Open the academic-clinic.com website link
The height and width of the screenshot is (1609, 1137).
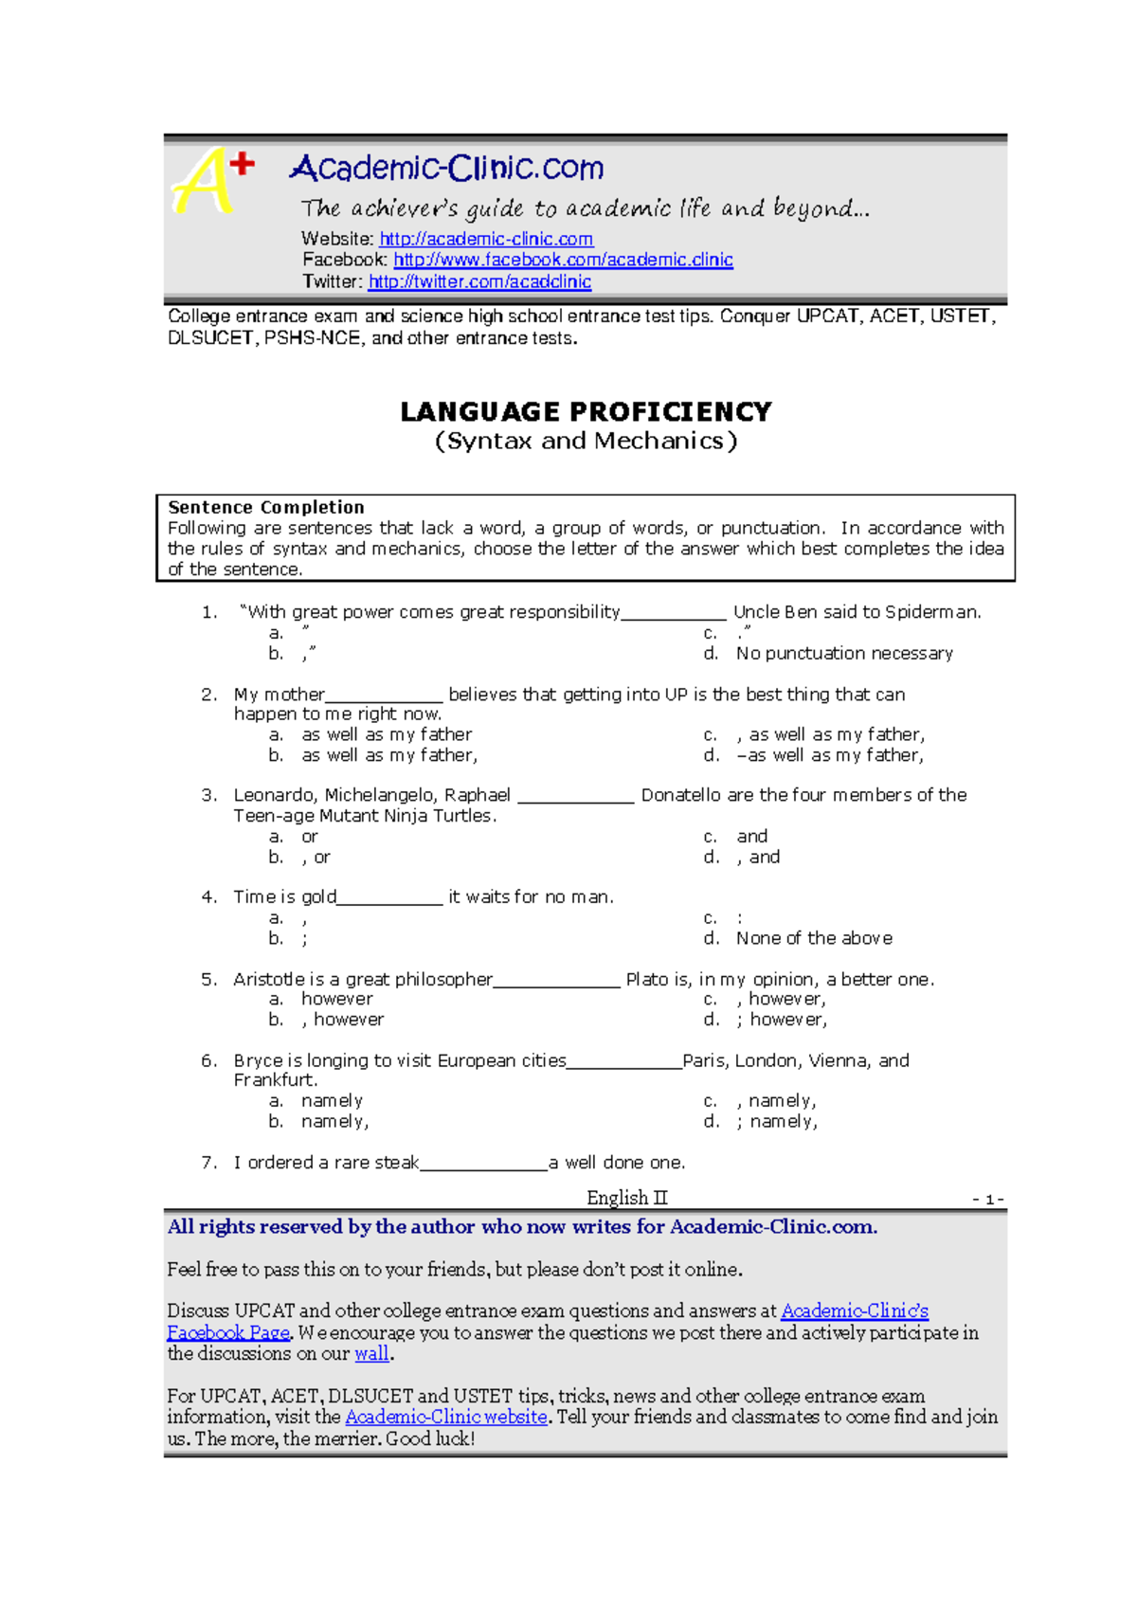(x=486, y=239)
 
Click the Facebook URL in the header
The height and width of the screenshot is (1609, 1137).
(x=563, y=260)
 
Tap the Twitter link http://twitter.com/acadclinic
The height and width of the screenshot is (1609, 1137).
(x=479, y=281)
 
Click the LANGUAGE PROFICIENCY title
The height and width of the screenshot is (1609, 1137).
(x=586, y=411)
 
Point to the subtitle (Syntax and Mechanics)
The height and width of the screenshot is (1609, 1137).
(x=586, y=441)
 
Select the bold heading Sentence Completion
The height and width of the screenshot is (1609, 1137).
(x=266, y=507)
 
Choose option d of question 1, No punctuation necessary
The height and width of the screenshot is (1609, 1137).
(x=844, y=653)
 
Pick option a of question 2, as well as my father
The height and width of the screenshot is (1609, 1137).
(x=387, y=734)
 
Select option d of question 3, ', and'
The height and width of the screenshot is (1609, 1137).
(x=758, y=857)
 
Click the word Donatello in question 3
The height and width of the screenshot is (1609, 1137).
(x=680, y=795)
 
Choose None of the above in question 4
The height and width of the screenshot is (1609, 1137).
(x=814, y=938)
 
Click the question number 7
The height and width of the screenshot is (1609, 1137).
(x=209, y=1162)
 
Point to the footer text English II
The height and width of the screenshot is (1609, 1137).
(x=626, y=1198)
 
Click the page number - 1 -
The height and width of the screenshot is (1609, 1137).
(x=987, y=1200)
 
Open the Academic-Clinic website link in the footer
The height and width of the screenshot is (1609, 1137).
(x=446, y=1417)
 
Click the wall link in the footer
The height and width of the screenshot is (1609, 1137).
(x=371, y=1354)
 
